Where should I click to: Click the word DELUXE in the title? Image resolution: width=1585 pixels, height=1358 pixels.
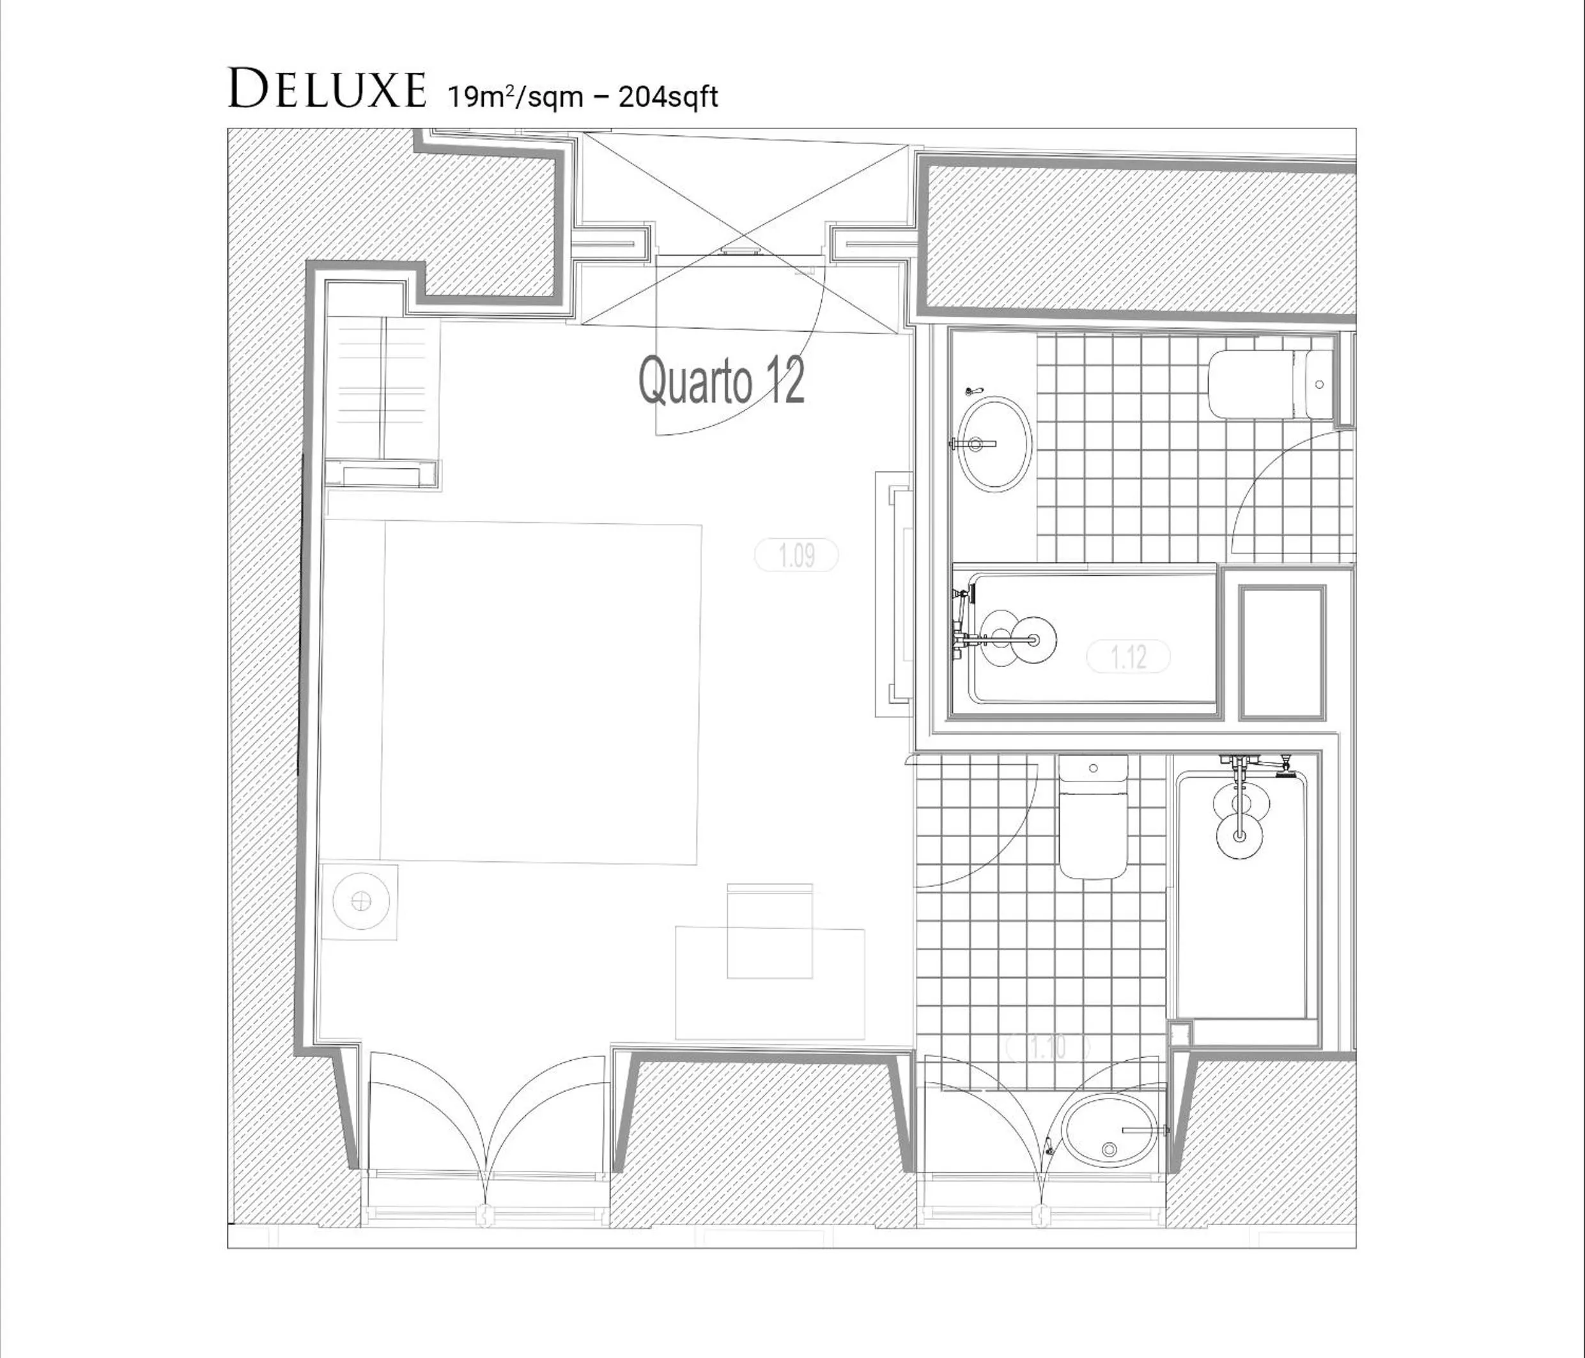327,89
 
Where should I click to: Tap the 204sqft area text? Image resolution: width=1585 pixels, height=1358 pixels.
668,97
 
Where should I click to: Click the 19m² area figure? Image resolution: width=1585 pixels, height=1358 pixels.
477,97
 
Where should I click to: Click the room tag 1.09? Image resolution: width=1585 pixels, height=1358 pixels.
796,555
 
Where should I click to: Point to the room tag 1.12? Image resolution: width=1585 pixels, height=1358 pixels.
1128,656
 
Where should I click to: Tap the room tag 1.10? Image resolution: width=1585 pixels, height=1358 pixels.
1048,1047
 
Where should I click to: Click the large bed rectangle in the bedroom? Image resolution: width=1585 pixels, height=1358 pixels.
541,694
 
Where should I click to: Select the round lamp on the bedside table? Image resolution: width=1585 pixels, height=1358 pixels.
360,902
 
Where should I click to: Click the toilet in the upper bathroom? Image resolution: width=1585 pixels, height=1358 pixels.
1271,384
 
